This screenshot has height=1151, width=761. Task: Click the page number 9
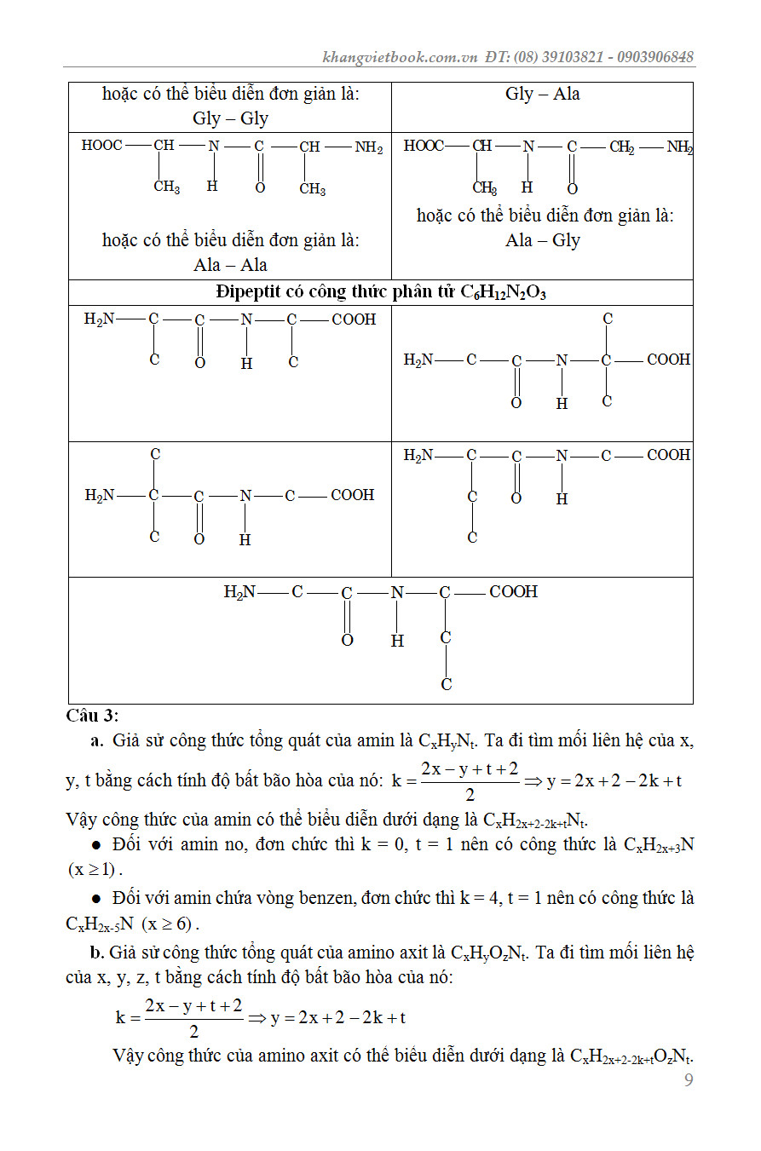click(689, 1081)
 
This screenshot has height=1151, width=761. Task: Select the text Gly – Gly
click(230, 118)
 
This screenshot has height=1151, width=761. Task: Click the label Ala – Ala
click(230, 264)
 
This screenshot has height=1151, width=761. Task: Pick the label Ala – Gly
click(542, 240)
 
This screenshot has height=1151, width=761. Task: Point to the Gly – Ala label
click(542, 94)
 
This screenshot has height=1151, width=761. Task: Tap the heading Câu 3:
click(92, 716)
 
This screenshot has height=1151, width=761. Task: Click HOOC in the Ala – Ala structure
click(101, 146)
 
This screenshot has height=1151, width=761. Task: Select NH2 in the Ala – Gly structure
click(679, 147)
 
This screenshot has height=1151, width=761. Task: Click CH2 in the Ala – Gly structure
click(621, 147)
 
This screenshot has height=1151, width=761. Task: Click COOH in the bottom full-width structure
click(513, 592)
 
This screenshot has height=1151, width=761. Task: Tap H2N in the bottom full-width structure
click(239, 592)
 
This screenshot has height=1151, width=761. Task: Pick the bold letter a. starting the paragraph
click(96, 740)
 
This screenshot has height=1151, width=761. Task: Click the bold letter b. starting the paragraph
click(98, 952)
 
